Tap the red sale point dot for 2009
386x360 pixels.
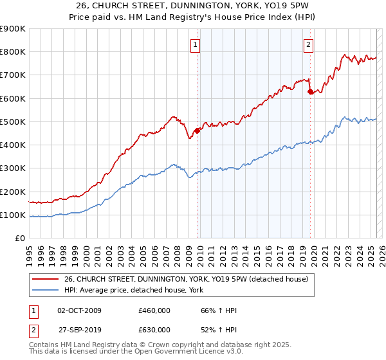(x=197, y=131)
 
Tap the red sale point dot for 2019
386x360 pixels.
(x=310, y=92)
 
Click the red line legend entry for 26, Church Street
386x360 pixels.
(x=187, y=279)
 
